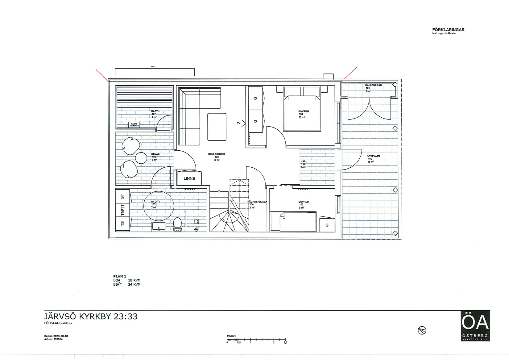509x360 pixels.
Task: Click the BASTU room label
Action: pyautogui.click(x=155, y=111)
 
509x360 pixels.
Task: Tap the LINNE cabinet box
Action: pyautogui.click(x=189, y=178)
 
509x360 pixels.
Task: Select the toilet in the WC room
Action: pyautogui.click(x=177, y=224)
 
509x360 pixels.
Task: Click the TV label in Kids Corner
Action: pyautogui.click(x=238, y=123)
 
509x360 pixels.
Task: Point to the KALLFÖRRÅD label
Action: pyautogui.click(x=373, y=85)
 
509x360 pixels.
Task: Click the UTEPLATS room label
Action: pyautogui.click(x=373, y=156)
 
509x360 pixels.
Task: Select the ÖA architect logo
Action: pyautogui.click(x=475, y=326)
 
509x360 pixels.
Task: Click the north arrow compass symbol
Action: pyautogui.click(x=422, y=331)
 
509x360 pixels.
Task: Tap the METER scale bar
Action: pyautogui.click(x=256, y=339)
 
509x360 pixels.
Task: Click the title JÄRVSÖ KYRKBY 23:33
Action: pyautogui.click(x=91, y=316)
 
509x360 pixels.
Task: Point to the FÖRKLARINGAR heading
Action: pyautogui.click(x=448, y=30)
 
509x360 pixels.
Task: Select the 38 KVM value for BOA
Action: pyautogui.click(x=134, y=280)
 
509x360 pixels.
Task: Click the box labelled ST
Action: pyautogui.click(x=122, y=196)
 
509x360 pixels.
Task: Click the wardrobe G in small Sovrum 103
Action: pyautogui.click(x=327, y=225)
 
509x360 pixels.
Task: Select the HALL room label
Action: pyautogui.click(x=304, y=161)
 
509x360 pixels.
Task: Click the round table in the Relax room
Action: pyautogui.click(x=141, y=158)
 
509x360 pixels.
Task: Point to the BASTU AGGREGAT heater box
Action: pyautogui.click(x=134, y=125)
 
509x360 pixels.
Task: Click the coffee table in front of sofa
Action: pyautogui.click(x=217, y=127)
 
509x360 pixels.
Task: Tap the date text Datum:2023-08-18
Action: pyautogui.click(x=56, y=336)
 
